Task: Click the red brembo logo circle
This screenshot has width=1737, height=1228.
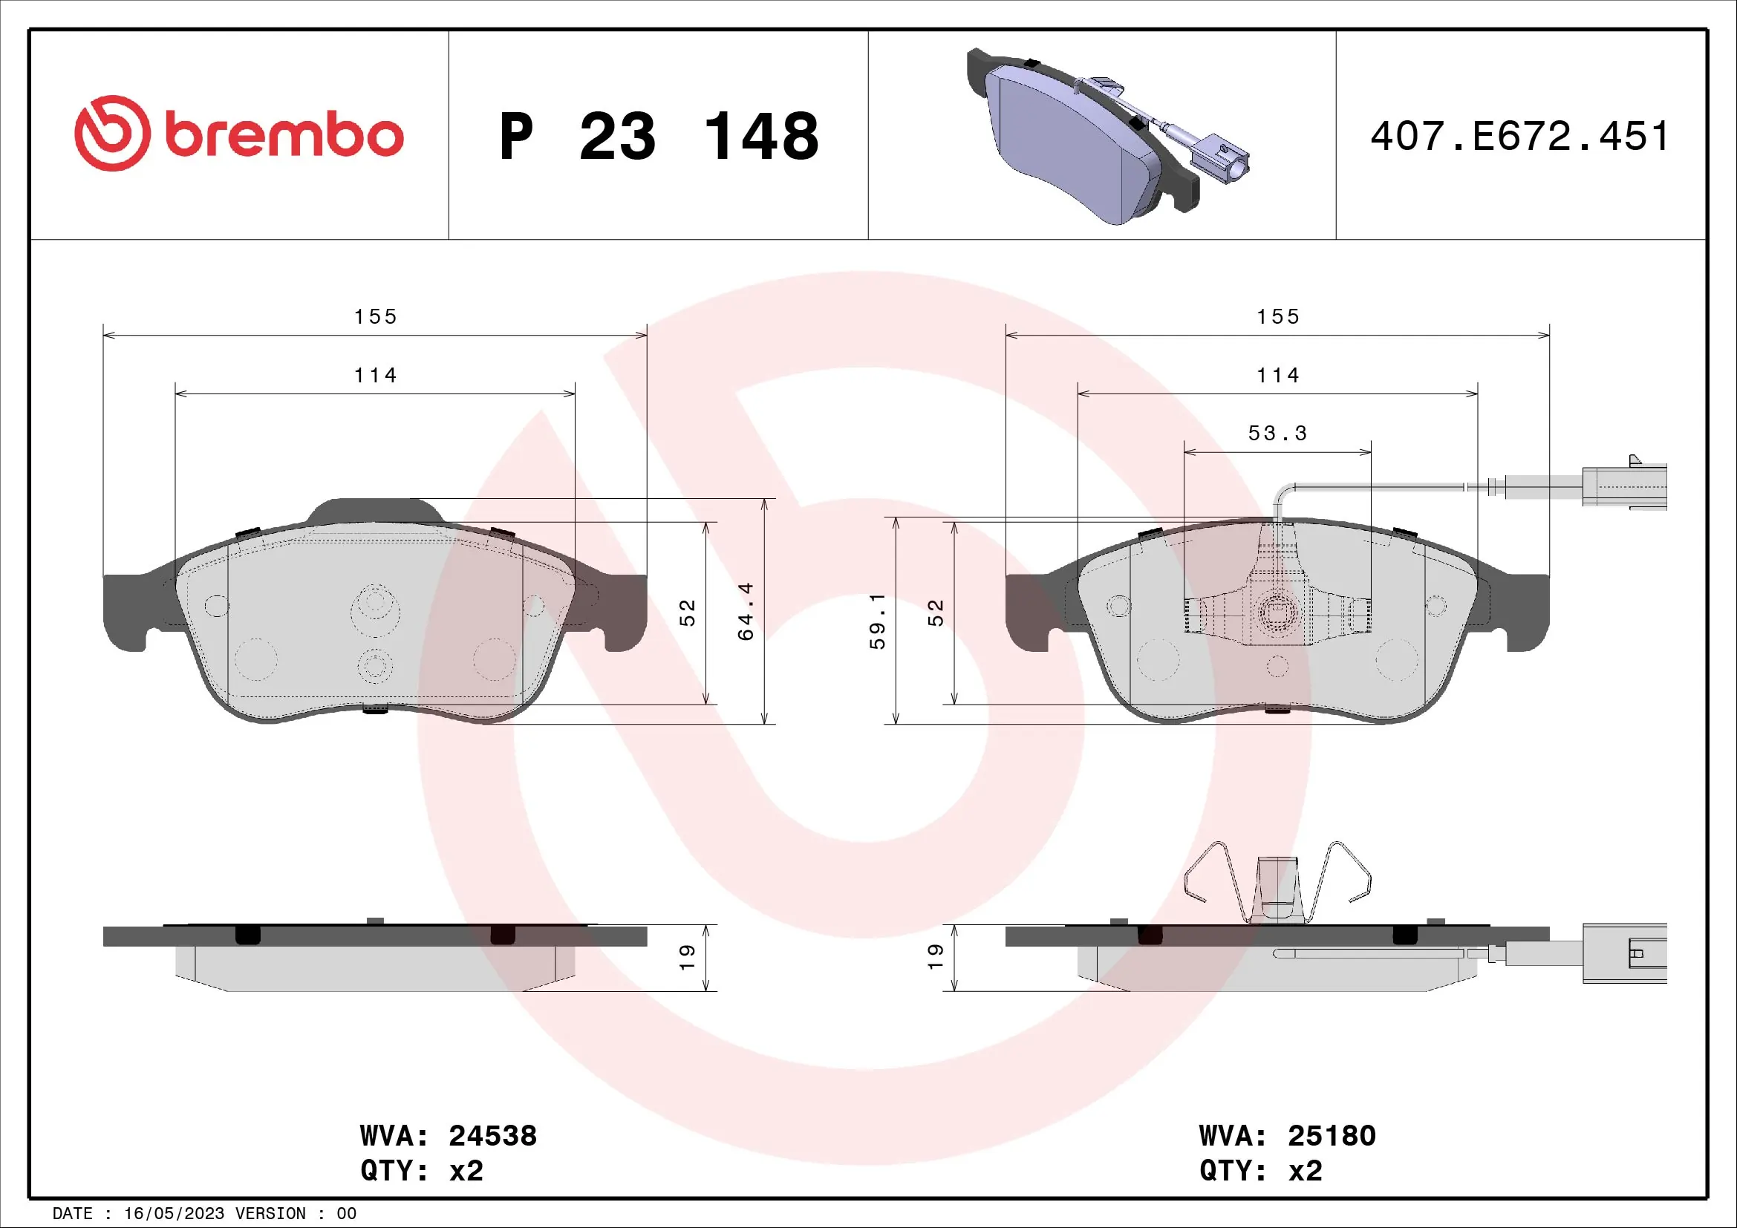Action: click(112, 133)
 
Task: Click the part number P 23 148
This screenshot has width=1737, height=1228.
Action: click(658, 137)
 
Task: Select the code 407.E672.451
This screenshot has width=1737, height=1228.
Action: click(1519, 137)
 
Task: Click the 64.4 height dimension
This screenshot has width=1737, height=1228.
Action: click(746, 611)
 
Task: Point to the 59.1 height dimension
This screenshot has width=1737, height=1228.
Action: click(877, 621)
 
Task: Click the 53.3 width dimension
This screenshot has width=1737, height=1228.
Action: click(1277, 434)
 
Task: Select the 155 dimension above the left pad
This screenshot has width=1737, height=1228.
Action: click(375, 316)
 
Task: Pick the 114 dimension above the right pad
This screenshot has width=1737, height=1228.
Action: click(1277, 375)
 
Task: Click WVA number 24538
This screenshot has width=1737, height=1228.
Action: click(492, 1136)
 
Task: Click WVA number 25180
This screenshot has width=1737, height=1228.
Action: click(1332, 1136)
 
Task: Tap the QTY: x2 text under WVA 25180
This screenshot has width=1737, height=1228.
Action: click(1260, 1171)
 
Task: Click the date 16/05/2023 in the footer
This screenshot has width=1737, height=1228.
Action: click(174, 1214)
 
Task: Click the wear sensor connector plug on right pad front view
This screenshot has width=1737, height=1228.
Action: click(1626, 486)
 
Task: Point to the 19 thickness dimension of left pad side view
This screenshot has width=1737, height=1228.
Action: click(687, 957)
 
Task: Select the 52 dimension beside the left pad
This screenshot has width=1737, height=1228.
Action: click(687, 613)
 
